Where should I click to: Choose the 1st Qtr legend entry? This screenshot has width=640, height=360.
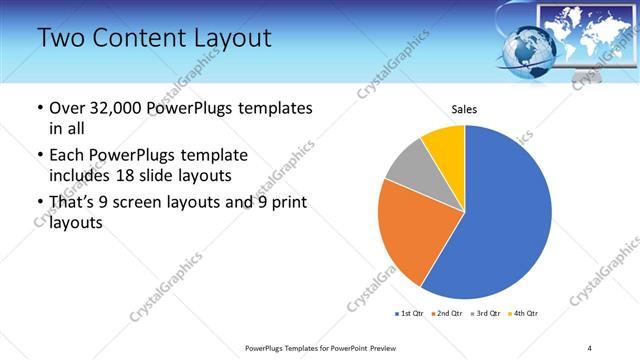click(410, 314)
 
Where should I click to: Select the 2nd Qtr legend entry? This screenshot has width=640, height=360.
click(447, 314)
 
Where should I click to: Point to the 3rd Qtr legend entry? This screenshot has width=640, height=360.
click(484, 314)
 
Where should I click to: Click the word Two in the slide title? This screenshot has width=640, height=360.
click(61, 38)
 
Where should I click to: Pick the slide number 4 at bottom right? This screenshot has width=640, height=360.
click(589, 348)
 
